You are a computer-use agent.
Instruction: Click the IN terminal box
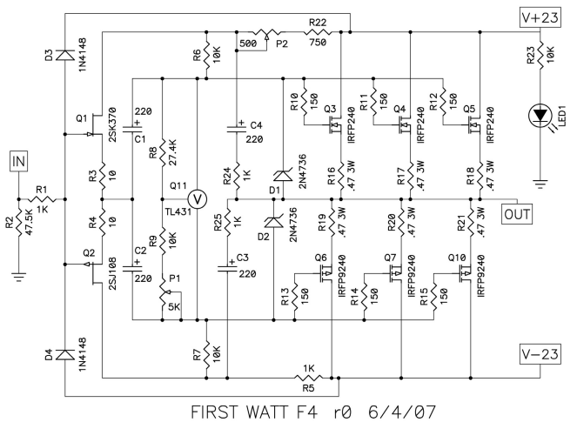click(x=19, y=161)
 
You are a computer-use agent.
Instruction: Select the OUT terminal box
click(x=517, y=214)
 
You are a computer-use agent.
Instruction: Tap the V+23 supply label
click(x=540, y=17)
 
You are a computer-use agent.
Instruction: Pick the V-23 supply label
click(x=540, y=354)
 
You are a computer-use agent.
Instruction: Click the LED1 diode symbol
click(x=540, y=116)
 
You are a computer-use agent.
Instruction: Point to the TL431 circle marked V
click(x=198, y=199)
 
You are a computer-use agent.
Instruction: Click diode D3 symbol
click(x=65, y=55)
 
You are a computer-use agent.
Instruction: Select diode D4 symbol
click(x=65, y=355)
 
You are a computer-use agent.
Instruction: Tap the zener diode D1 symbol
click(x=283, y=176)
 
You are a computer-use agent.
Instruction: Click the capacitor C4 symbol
click(x=236, y=129)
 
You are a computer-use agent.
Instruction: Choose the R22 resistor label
click(x=318, y=23)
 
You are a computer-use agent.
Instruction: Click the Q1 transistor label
click(x=82, y=118)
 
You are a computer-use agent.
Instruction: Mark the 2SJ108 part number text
click(x=112, y=273)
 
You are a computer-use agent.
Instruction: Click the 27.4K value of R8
click(x=172, y=152)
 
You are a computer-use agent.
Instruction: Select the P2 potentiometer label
click(x=282, y=44)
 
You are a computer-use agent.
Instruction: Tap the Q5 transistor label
click(x=469, y=109)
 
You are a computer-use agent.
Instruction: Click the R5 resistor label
click(x=308, y=388)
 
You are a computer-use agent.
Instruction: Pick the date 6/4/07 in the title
click(x=401, y=412)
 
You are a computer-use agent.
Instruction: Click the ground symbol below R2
click(x=19, y=276)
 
